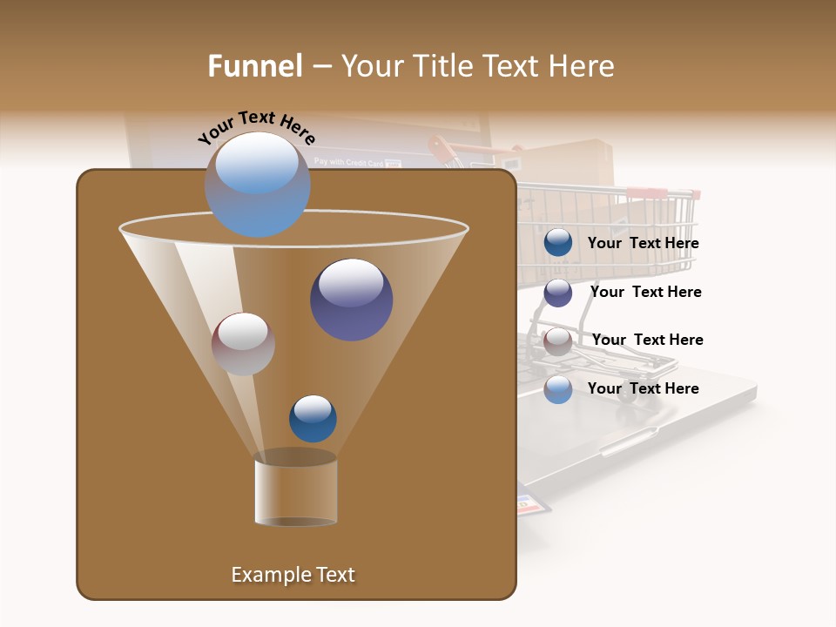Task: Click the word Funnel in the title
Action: click(x=254, y=66)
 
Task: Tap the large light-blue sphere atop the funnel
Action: click(x=257, y=184)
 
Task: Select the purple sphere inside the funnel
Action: click(x=351, y=300)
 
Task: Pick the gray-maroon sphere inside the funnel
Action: click(x=243, y=344)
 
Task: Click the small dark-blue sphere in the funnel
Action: click(x=313, y=418)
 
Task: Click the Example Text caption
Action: click(x=293, y=575)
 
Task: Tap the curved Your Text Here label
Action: click(x=256, y=127)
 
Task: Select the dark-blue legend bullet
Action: click(x=558, y=243)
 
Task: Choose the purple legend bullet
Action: click(x=558, y=293)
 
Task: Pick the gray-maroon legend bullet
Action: click(x=558, y=341)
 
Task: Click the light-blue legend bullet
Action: click(x=558, y=389)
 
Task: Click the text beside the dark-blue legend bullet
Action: click(x=643, y=244)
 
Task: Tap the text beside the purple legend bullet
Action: click(x=645, y=292)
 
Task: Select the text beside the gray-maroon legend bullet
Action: click(x=647, y=340)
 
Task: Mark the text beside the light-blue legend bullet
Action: click(x=643, y=388)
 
